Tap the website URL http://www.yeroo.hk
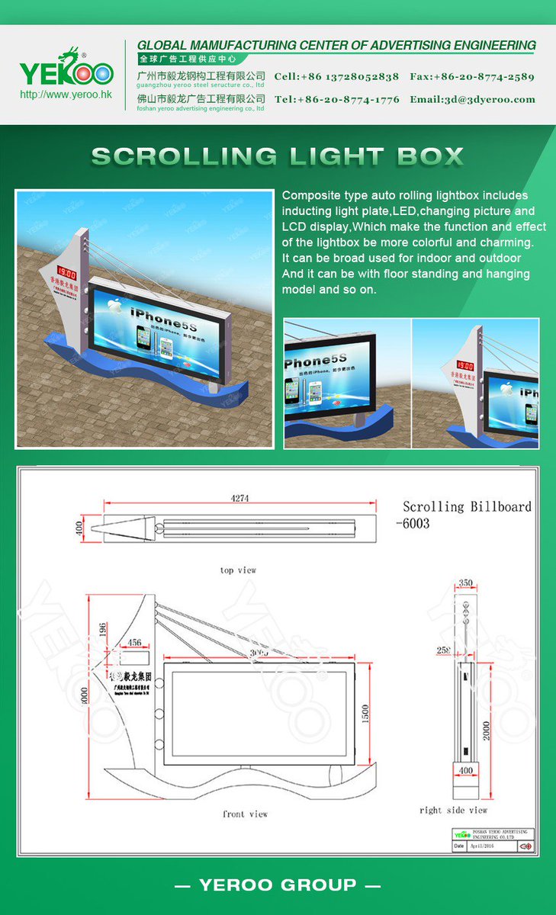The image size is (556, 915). pyautogui.click(x=66, y=95)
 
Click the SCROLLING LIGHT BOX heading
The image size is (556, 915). pyautogui.click(x=278, y=156)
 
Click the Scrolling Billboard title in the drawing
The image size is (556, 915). pyautogui.click(x=467, y=506)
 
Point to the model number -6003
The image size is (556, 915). pyautogui.click(x=413, y=524)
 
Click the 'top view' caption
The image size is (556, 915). pyautogui.click(x=238, y=570)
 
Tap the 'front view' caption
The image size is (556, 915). pyautogui.click(x=245, y=814)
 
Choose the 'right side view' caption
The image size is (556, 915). pyautogui.click(x=453, y=810)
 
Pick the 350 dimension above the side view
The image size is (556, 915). pyautogui.click(x=464, y=583)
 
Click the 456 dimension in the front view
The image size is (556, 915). pyautogui.click(x=133, y=643)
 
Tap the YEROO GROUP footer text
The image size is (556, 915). pyautogui.click(x=278, y=885)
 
